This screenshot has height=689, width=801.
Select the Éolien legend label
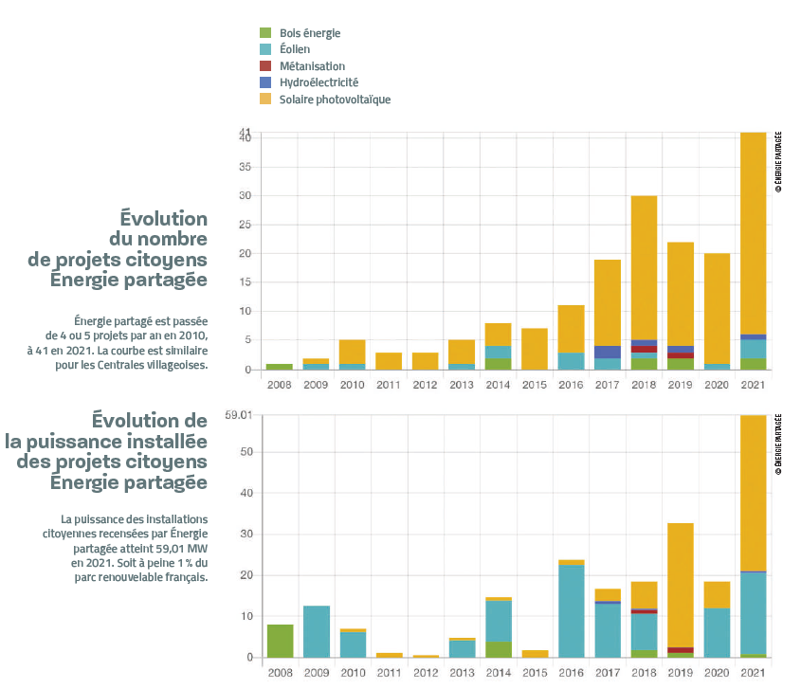coord(295,50)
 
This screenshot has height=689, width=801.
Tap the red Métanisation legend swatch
coord(264,66)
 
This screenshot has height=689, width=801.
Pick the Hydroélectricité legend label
coord(319,82)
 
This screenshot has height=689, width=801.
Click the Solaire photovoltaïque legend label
coord(335,100)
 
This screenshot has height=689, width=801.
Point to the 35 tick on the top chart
coord(245,167)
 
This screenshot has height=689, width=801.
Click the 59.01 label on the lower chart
coord(239,415)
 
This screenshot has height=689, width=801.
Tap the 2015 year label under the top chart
coord(535,384)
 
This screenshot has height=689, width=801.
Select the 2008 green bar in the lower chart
coord(280,641)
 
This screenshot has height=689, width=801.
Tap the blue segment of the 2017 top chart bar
coord(608,352)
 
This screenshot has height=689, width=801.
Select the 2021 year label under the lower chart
coord(754,672)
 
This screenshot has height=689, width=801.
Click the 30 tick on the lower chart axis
coord(245,535)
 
